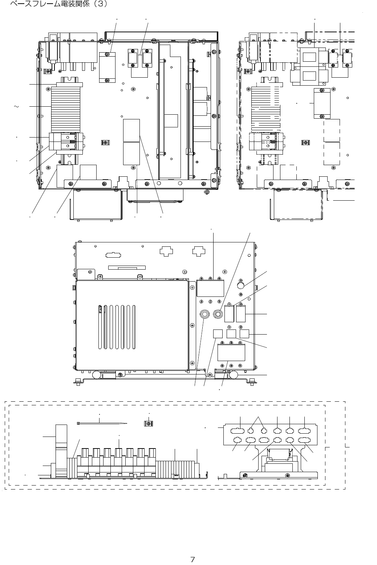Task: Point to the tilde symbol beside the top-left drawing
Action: (16, 107)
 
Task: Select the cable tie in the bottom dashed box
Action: (102, 423)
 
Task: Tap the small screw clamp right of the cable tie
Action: (149, 423)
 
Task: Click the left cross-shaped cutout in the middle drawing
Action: (166, 251)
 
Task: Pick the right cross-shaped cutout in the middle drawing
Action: (199, 251)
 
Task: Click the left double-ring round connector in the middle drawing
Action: (204, 314)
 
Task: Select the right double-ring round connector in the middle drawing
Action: (218, 314)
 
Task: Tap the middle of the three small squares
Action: (231, 334)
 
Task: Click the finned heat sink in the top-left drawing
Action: (66, 110)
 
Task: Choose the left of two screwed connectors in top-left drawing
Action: (133, 58)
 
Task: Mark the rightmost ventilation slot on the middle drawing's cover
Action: (134, 327)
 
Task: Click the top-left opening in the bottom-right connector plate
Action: (238, 431)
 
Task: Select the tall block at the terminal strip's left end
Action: (61, 451)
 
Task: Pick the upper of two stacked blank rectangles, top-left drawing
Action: (131, 130)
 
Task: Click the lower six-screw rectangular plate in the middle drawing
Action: (231, 353)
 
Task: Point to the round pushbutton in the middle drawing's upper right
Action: (241, 285)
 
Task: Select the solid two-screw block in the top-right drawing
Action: (322, 103)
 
